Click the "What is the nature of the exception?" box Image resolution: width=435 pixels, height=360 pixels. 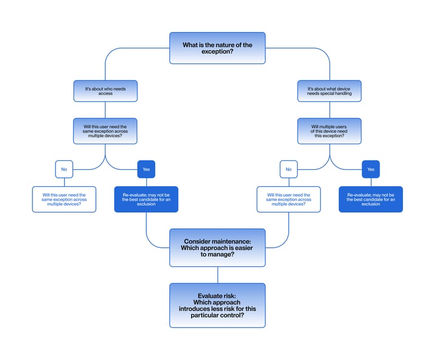click(x=217, y=48)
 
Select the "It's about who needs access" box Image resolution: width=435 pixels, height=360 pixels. click(x=105, y=91)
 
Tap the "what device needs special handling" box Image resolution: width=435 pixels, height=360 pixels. click(x=329, y=91)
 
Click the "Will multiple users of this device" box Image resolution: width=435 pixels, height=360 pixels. click(x=329, y=131)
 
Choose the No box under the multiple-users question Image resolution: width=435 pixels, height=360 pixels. click(x=288, y=169)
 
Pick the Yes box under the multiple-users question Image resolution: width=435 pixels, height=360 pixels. click(x=371, y=169)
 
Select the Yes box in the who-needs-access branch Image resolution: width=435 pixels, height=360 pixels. click(x=146, y=169)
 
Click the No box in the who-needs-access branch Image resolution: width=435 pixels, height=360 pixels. click(x=64, y=169)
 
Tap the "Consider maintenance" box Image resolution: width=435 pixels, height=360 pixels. click(x=217, y=247)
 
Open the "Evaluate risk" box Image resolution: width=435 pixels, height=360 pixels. click(x=217, y=305)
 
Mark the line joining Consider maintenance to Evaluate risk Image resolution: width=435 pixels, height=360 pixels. click(x=217, y=275)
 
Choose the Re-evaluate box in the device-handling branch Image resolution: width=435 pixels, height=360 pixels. click(x=371, y=199)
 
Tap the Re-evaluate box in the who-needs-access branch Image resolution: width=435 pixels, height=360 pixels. click(x=146, y=199)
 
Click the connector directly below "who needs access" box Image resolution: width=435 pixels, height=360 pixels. click(x=105, y=109)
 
